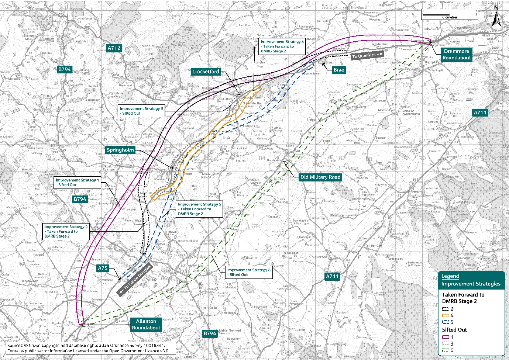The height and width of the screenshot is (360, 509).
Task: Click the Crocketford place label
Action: [206, 72]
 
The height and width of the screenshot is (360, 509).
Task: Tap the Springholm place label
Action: [120, 150]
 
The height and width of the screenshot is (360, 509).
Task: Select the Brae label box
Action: [338, 70]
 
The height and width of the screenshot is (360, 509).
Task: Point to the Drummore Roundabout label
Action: [457, 55]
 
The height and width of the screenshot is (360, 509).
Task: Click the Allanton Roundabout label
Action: [146, 325]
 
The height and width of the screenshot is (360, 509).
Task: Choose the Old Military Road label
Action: [320, 177]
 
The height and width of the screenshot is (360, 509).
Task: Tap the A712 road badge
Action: [114, 48]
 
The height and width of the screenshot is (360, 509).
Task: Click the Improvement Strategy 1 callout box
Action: [77, 183]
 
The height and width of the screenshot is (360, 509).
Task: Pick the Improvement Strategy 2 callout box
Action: [66, 232]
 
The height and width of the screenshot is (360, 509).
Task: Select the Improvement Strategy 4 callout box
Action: [282, 46]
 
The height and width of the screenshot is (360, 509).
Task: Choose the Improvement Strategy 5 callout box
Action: [199, 209]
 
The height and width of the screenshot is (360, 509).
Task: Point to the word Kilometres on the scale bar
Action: [449, 17]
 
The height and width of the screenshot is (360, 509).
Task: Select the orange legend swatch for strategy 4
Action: [446, 316]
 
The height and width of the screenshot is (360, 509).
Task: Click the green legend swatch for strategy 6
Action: [446, 350]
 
